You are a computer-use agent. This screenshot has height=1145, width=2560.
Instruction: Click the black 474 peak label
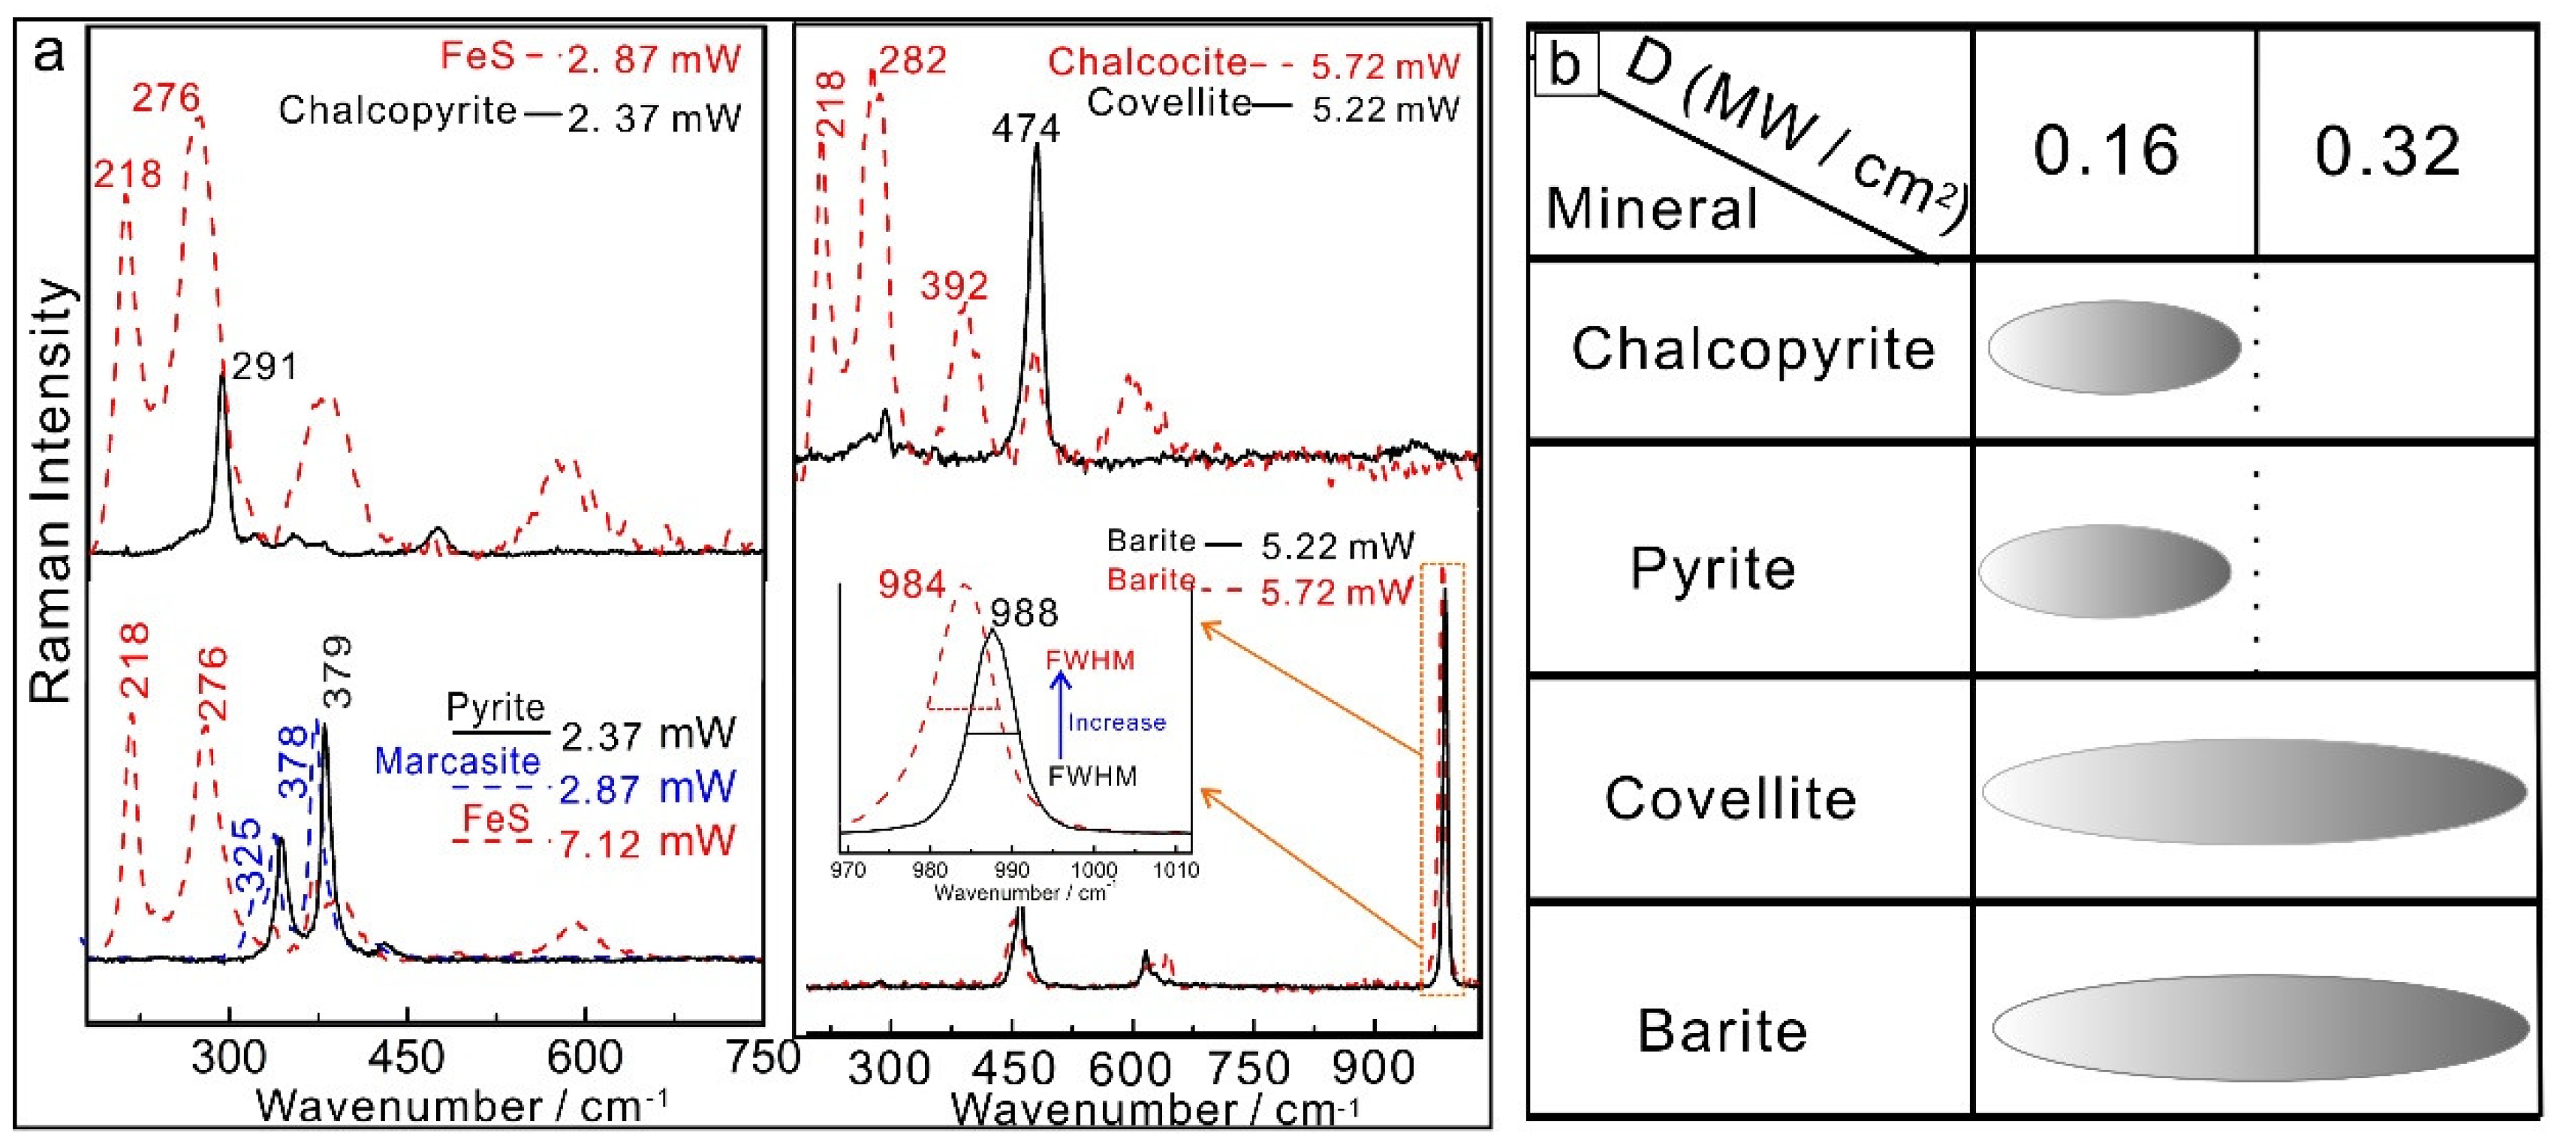1026,128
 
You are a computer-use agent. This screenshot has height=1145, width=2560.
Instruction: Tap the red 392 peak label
953,286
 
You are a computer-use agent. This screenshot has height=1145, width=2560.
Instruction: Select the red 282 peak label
912,61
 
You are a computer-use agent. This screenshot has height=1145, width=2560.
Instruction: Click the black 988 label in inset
1025,613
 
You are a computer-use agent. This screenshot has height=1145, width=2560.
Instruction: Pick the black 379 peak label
338,672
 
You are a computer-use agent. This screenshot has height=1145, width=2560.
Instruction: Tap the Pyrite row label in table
1712,570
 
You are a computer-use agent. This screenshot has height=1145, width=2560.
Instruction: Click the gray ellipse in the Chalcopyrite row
2114,348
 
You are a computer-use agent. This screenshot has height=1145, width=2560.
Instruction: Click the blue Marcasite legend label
457,761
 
